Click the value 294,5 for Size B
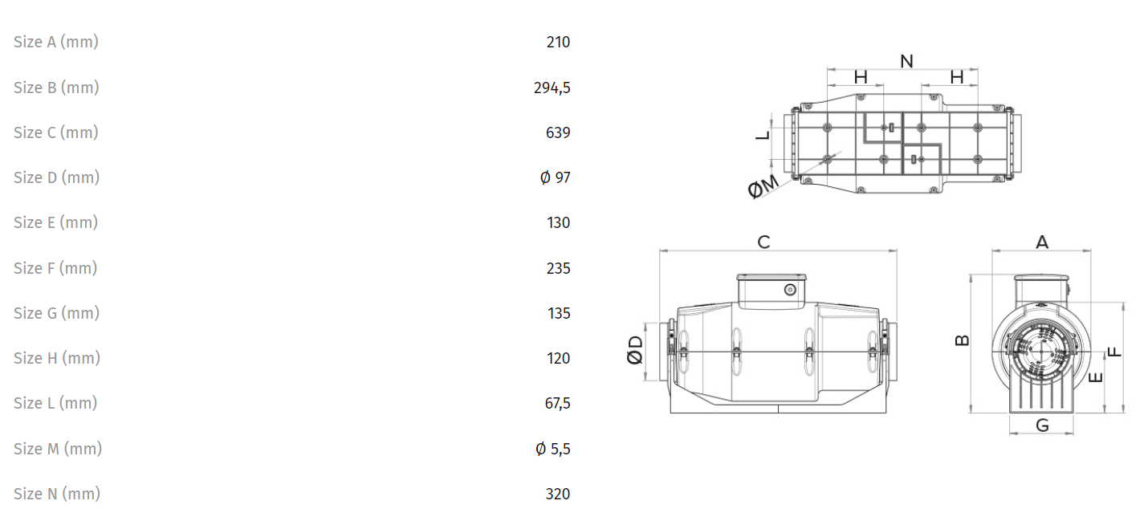click(x=552, y=88)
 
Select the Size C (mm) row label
click(x=56, y=132)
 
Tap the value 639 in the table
click(x=558, y=132)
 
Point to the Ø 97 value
click(x=555, y=177)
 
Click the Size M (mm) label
click(x=58, y=448)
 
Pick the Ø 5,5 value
click(x=552, y=449)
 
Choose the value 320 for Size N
click(x=558, y=494)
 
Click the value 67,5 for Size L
click(x=557, y=403)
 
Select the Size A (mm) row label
click(x=56, y=42)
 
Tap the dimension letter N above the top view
click(x=906, y=62)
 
